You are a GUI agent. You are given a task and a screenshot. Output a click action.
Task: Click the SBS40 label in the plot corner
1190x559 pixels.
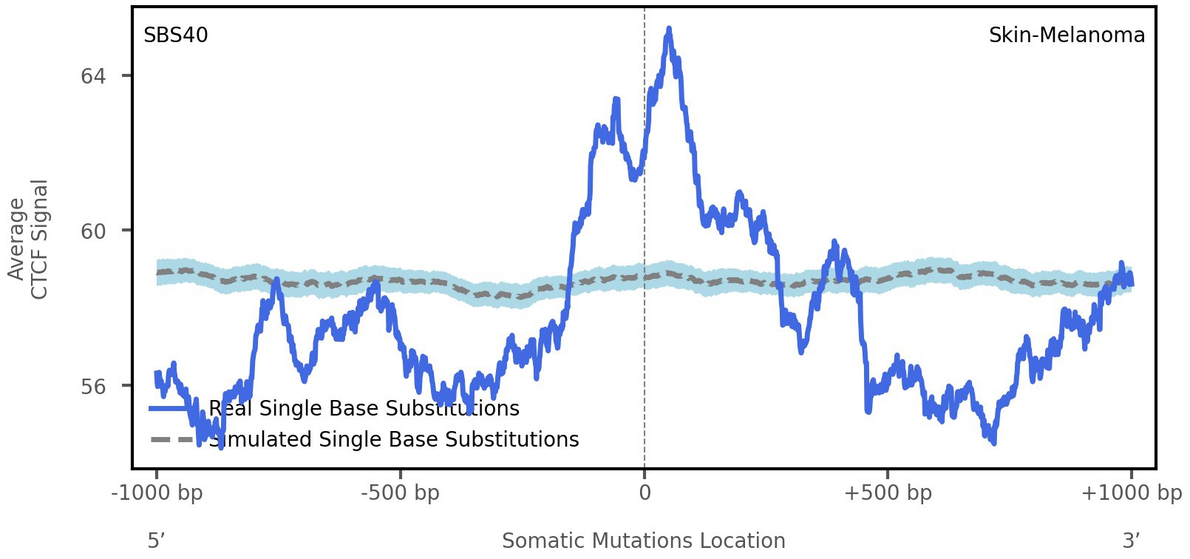click(x=175, y=35)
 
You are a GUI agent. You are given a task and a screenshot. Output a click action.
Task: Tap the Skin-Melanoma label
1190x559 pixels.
click(x=1067, y=35)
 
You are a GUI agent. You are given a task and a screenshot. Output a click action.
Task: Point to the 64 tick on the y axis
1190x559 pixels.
click(x=93, y=76)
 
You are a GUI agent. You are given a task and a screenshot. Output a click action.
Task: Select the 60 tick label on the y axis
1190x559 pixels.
click(x=93, y=231)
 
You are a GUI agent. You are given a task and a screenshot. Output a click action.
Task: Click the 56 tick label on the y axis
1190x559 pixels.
click(x=93, y=386)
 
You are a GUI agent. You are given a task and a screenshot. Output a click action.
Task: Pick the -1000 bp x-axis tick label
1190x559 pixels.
click(x=157, y=493)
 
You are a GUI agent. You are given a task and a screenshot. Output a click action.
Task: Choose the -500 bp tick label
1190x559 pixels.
click(x=400, y=493)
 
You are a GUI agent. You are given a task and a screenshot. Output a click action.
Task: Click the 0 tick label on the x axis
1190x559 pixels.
click(x=645, y=493)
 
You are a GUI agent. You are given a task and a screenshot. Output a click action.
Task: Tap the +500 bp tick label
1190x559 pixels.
click(x=888, y=493)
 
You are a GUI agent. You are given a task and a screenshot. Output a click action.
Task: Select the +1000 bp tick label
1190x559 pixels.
click(x=1131, y=493)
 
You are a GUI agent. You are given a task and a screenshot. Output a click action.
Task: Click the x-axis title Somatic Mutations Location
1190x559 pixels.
click(x=643, y=541)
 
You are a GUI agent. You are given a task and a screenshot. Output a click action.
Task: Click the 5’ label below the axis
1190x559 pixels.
click(x=155, y=541)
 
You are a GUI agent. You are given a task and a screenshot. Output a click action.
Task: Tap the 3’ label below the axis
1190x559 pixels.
click(x=1131, y=541)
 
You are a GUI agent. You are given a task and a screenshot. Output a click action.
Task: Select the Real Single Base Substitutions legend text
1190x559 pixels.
click(x=364, y=409)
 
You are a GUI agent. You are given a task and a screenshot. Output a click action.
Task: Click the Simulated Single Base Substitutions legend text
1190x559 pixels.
click(x=393, y=440)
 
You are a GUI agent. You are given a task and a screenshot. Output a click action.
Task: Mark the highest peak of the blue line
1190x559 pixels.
click(x=669, y=30)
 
